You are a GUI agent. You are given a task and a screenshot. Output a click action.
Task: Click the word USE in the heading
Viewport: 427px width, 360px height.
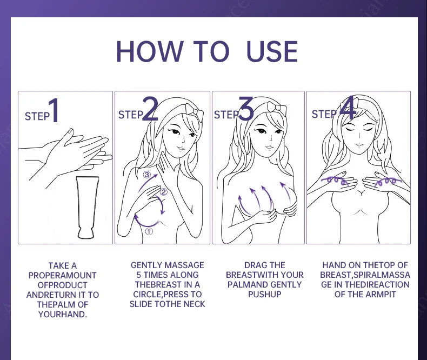[x=271, y=51]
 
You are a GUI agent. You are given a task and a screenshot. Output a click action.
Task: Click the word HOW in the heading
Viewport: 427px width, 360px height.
[x=149, y=51]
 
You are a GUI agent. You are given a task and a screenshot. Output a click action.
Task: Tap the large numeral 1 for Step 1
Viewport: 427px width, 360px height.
[x=54, y=110]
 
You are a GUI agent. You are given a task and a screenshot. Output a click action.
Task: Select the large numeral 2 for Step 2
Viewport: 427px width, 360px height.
[x=150, y=109]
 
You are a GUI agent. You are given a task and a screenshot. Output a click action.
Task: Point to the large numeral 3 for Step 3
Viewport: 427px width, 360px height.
[x=246, y=109]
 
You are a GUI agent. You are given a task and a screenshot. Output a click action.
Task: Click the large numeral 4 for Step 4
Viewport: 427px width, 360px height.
[x=348, y=108]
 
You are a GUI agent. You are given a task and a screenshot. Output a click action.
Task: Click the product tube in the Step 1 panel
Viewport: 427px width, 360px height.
[x=87, y=208]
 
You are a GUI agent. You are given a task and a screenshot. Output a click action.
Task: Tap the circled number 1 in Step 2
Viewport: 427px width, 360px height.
[x=149, y=231]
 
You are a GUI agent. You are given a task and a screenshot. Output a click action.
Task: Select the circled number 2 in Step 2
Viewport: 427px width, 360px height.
[x=163, y=192]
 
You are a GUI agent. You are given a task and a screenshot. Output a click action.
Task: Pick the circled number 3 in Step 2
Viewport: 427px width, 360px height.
[x=147, y=174]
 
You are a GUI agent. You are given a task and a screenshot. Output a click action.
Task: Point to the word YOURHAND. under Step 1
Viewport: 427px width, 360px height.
[x=63, y=314]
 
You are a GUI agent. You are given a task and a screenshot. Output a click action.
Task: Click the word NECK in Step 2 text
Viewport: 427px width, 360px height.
[x=195, y=304]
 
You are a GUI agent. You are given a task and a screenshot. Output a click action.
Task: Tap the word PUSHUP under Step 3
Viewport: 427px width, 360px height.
[x=264, y=294]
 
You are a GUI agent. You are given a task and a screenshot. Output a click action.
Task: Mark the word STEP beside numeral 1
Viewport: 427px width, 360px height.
[x=37, y=116]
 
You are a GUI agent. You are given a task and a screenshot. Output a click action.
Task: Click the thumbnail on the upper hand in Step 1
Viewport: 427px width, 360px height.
[x=71, y=131]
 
